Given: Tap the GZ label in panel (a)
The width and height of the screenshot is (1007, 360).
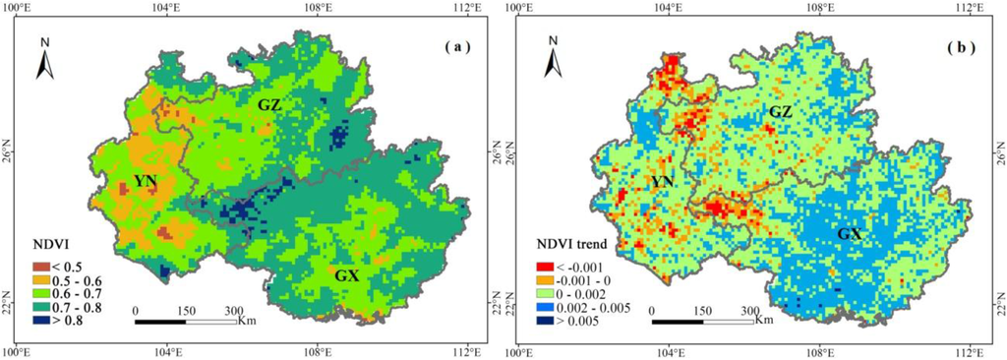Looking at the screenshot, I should (271, 104).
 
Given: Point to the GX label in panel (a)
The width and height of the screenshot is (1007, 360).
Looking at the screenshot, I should (345, 275).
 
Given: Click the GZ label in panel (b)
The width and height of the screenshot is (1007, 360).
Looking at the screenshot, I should (781, 113).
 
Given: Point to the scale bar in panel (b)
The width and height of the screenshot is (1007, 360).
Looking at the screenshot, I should (703, 320).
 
